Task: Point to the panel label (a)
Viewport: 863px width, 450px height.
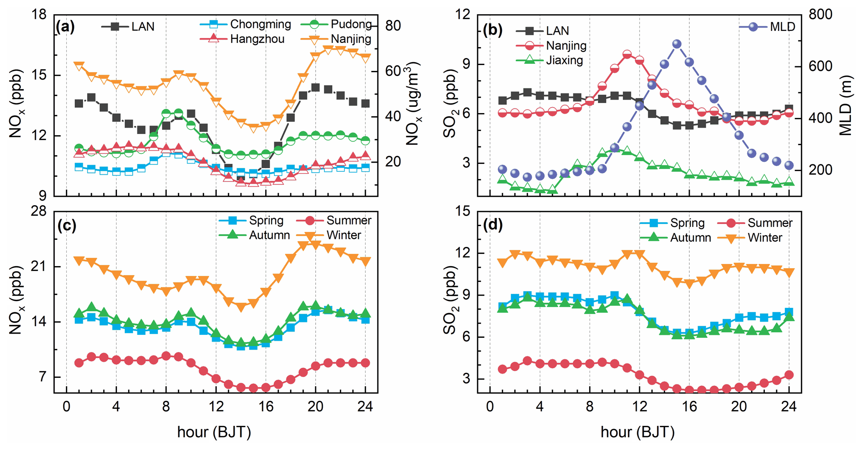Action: coord(65,27)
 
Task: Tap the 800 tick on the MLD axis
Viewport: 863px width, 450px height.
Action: coord(820,15)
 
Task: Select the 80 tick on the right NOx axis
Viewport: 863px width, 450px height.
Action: coord(393,26)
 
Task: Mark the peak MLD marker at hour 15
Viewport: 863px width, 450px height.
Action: coord(677,44)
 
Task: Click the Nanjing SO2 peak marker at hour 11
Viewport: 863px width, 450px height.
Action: coord(627,55)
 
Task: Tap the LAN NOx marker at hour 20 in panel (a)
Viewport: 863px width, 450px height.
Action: coord(315,88)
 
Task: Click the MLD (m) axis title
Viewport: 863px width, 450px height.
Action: coord(845,106)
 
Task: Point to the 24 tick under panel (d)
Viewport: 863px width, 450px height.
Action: coord(788,407)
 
